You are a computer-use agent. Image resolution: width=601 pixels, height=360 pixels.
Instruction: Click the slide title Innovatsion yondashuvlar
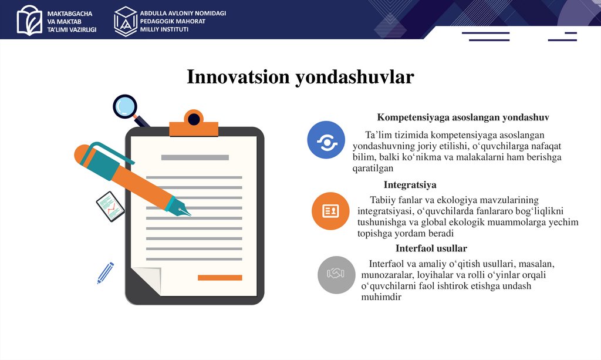tap(300, 78)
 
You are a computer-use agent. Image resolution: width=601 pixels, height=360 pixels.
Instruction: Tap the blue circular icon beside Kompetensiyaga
tap(326, 140)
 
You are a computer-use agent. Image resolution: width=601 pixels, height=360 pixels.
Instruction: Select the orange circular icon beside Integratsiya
tap(330, 211)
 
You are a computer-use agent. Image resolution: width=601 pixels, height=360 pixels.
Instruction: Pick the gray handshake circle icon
tap(336, 274)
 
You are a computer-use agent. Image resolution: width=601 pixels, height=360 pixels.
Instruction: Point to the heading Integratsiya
tap(410, 185)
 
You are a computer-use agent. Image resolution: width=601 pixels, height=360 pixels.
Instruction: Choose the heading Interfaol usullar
tap(431, 248)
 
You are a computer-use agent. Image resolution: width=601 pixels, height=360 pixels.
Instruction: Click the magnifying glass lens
tap(125, 106)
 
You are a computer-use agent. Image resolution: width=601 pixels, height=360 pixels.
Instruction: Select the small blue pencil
tap(106, 273)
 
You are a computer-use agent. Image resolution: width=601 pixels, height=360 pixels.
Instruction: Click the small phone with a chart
tap(110, 206)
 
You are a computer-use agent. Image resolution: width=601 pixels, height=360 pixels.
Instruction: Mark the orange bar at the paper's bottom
tap(220, 278)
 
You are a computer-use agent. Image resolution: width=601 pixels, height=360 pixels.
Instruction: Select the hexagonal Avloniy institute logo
tap(125, 21)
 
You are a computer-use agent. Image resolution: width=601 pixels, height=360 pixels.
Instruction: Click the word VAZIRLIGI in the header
tap(82, 29)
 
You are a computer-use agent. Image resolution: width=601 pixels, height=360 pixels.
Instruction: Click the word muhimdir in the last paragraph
tap(381, 297)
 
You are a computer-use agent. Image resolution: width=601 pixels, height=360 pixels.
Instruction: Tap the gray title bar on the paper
tap(195, 157)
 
